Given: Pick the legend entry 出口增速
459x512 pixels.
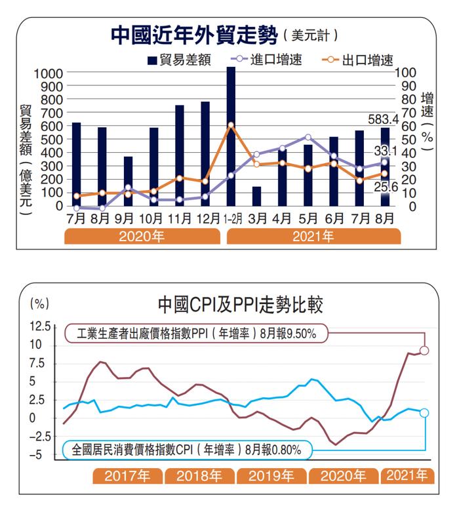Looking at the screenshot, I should click(358, 61).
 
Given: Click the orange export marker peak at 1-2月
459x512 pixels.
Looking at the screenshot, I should click(231, 125).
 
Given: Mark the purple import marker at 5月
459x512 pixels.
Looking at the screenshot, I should click(308, 137).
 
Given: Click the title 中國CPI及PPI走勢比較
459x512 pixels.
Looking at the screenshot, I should click(240, 305).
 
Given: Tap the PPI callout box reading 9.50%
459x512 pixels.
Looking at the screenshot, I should click(196, 333).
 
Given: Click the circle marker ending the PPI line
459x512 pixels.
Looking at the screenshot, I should click(424, 351).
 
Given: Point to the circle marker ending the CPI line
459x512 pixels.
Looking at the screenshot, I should click(424, 412).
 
